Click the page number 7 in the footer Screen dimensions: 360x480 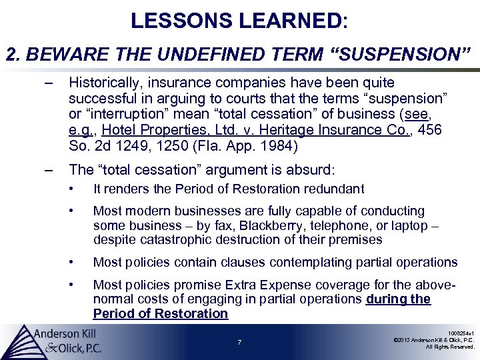(x=239, y=343)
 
